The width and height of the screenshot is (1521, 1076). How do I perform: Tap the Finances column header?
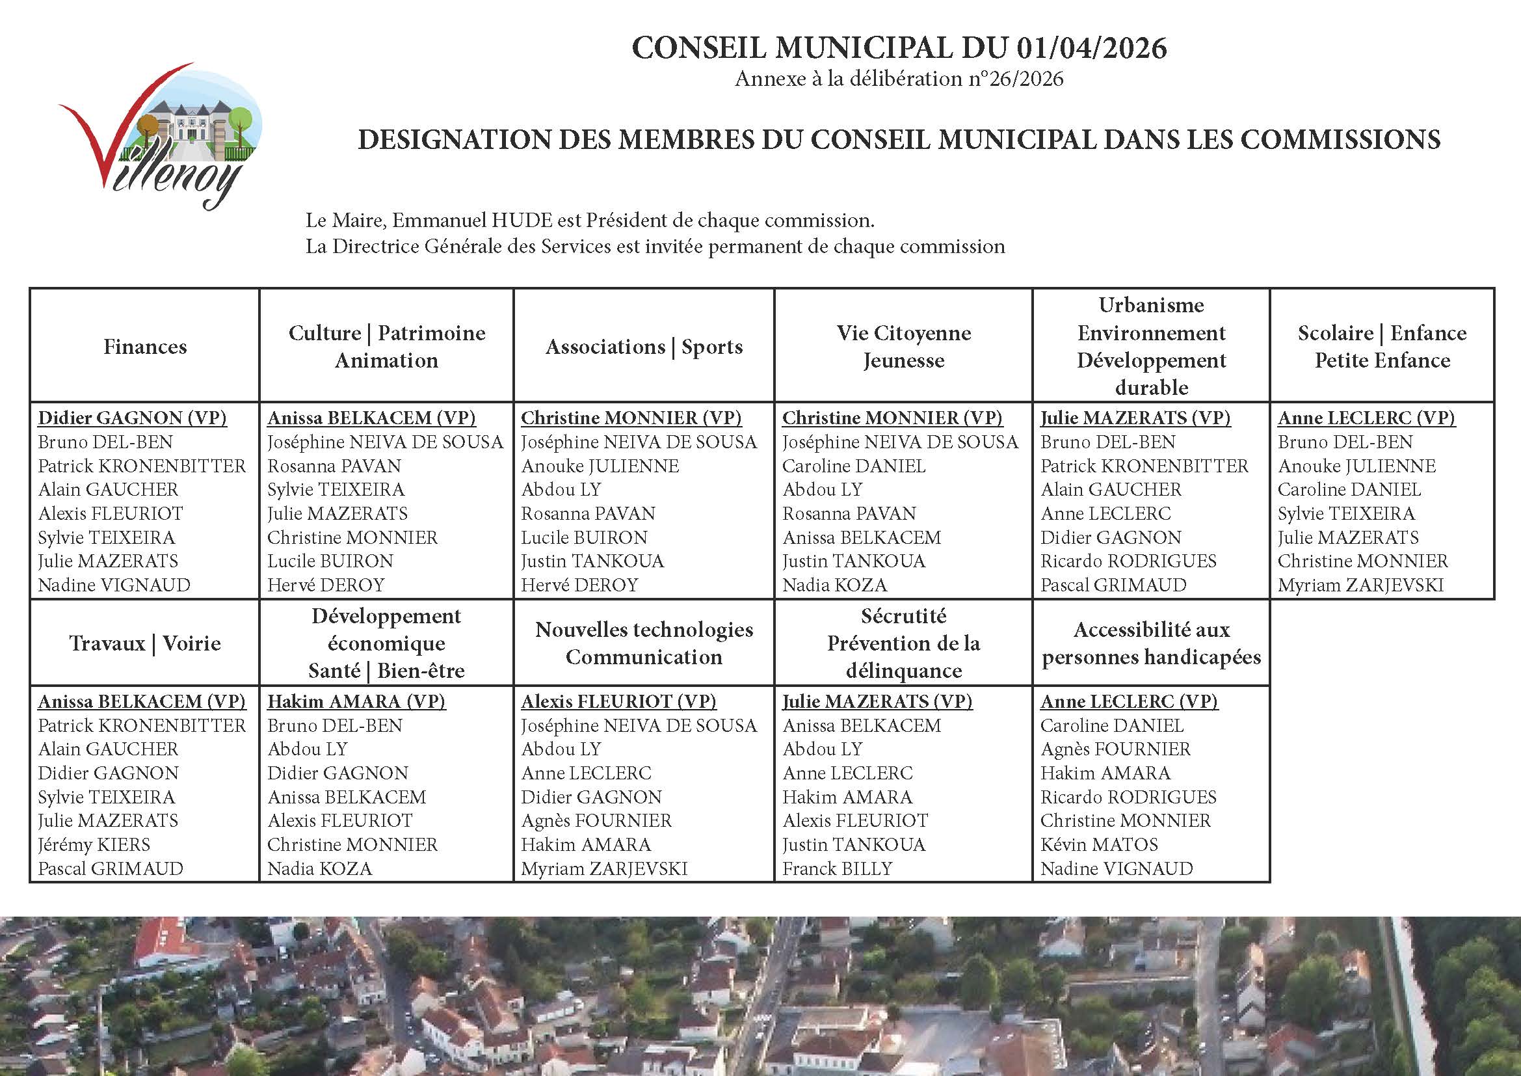pos(145,347)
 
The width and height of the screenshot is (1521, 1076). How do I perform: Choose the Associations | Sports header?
pos(644,347)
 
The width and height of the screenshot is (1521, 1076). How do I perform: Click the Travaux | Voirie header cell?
pos(145,643)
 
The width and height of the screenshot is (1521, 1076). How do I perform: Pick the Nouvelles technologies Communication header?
pos(644,643)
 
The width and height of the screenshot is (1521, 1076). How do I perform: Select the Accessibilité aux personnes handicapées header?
pos(1152,643)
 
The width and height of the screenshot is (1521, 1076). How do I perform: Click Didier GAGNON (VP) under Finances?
pos(133,418)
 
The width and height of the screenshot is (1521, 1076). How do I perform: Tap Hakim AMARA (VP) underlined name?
pos(356,702)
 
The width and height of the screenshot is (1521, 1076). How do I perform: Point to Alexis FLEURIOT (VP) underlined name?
pos(618,702)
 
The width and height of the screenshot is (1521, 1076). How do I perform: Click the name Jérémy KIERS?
pos(94,845)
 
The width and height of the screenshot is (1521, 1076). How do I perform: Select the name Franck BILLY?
pos(838,868)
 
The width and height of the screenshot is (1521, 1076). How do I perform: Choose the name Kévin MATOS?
pos(1099,845)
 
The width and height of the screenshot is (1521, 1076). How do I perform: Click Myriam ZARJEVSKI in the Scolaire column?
pos(1360,585)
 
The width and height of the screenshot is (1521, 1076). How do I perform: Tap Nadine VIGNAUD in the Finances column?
pos(114,585)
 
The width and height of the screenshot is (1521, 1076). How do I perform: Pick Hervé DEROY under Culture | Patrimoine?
pos(326,585)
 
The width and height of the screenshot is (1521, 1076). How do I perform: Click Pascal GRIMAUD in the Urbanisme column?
pos(1113,585)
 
